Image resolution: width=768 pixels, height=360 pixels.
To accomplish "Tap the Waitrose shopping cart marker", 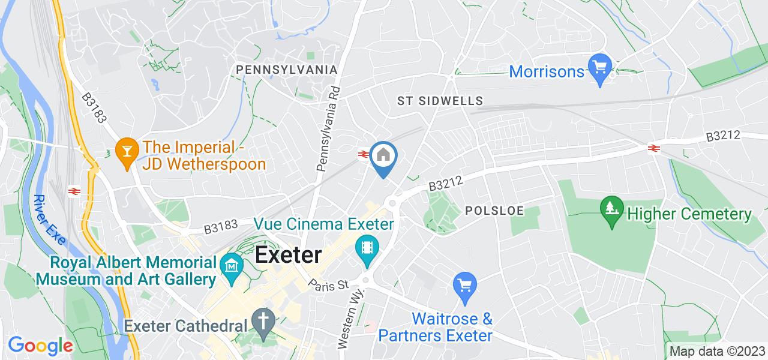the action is (464, 284).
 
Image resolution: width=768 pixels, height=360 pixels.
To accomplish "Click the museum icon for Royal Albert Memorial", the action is (230, 263).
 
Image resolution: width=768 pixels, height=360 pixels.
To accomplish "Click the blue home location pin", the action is (382, 156).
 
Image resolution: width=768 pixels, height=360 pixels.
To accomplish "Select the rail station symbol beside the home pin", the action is (363, 154).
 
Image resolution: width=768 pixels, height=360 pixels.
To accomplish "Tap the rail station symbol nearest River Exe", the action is (74, 191).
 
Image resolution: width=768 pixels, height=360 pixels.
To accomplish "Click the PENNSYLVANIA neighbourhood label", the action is (287, 70).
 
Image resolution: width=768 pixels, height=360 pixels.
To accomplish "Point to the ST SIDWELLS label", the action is (440, 101).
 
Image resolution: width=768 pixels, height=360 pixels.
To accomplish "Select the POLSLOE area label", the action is (494, 211).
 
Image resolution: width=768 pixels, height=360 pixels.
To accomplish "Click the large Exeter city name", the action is (288, 255).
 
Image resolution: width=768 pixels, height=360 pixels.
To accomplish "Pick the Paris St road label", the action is (329, 284).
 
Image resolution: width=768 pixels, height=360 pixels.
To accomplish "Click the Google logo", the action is (40, 346).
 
